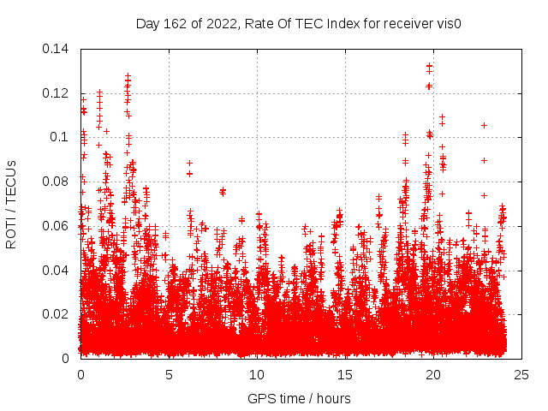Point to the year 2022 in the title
(x=217, y=23)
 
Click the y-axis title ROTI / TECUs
(x=12, y=204)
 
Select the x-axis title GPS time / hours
(x=299, y=398)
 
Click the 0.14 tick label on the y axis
(x=57, y=49)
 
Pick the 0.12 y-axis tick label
(x=57, y=93)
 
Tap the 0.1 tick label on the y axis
(x=61, y=137)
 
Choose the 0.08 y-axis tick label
(x=57, y=182)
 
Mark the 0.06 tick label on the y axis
(x=57, y=226)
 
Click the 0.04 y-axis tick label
(x=57, y=271)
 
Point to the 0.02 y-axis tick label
(x=57, y=314)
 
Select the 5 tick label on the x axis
(x=169, y=374)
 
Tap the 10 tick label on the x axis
(x=257, y=374)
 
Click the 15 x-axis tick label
(x=345, y=374)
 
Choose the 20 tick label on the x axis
(x=433, y=374)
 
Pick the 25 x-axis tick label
(x=521, y=374)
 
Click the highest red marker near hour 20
(x=430, y=66)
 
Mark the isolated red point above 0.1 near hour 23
(x=484, y=125)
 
